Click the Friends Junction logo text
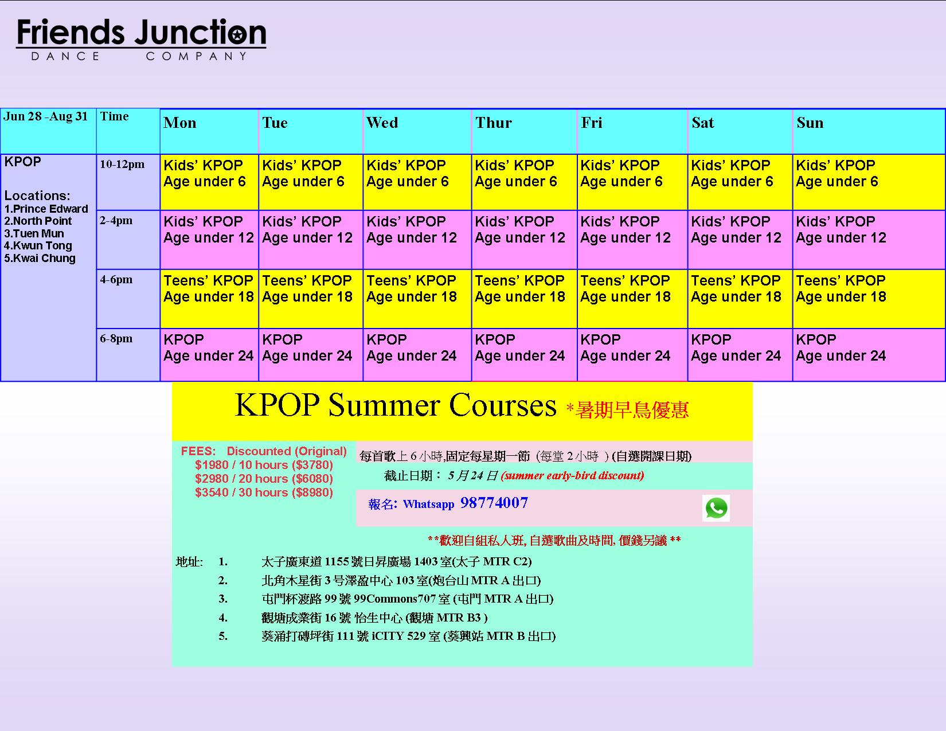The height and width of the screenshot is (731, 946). click(141, 32)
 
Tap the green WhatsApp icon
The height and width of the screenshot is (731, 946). click(716, 508)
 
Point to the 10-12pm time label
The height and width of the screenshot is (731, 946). click(122, 164)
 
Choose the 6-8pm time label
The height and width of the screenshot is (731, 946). click(116, 338)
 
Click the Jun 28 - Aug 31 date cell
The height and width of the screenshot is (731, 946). click(46, 116)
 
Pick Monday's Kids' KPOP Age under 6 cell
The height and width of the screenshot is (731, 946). click(209, 182)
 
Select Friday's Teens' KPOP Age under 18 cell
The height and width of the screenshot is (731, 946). click(632, 299)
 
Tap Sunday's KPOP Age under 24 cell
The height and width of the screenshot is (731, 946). click(869, 355)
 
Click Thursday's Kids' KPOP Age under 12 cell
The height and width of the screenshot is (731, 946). click(524, 240)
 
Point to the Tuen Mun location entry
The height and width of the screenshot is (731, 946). click(34, 233)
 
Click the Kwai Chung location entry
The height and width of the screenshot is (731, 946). click(40, 258)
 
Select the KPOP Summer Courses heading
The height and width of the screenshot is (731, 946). click(395, 405)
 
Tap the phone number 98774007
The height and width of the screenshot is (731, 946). click(494, 503)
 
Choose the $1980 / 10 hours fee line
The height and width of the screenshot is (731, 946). click(264, 464)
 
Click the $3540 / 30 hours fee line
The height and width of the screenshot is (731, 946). click(264, 492)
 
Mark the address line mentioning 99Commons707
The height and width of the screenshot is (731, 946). click(408, 599)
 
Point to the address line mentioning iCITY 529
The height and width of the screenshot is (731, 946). click(408, 636)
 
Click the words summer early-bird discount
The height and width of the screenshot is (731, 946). click(573, 475)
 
